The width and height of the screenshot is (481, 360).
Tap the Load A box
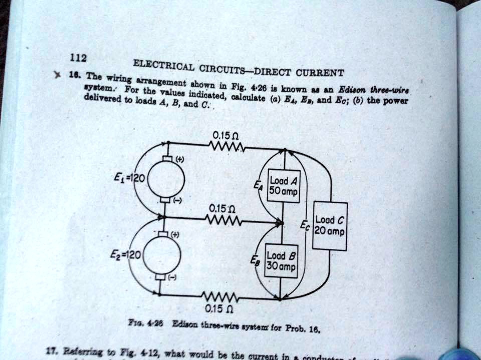tap(284, 187)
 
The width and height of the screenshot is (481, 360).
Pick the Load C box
tap(330, 226)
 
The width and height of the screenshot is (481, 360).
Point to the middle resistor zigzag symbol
tap(223, 220)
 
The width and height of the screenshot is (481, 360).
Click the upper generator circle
tap(166, 179)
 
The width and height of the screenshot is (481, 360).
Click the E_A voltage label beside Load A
tap(258, 186)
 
